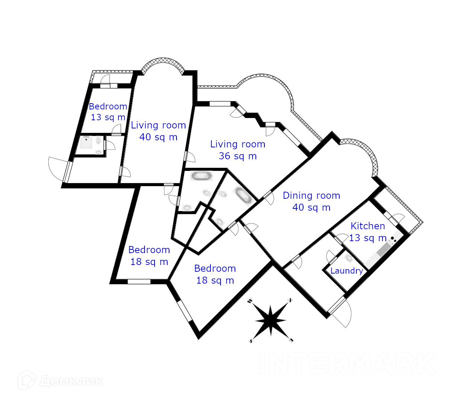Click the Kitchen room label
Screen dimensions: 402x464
[x=368, y=232]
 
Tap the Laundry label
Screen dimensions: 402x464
[x=346, y=271]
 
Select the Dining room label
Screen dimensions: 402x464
[x=311, y=201]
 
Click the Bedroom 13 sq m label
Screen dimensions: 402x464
[x=108, y=112]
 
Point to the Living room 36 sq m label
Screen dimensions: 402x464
[x=238, y=150]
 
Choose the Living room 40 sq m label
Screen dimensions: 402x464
[x=158, y=131]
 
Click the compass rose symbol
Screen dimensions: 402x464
[x=271, y=320]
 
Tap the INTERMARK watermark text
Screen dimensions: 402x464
[x=348, y=363]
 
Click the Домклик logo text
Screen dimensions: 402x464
[x=71, y=381]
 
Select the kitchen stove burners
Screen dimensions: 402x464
[x=393, y=239]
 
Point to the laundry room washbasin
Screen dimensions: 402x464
[x=349, y=258]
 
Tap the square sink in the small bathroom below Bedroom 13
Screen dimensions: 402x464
[x=86, y=142]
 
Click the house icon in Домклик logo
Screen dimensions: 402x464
[x=27, y=380]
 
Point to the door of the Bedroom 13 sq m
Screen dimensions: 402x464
[x=117, y=130]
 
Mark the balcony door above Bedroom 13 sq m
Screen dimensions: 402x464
[x=106, y=79]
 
